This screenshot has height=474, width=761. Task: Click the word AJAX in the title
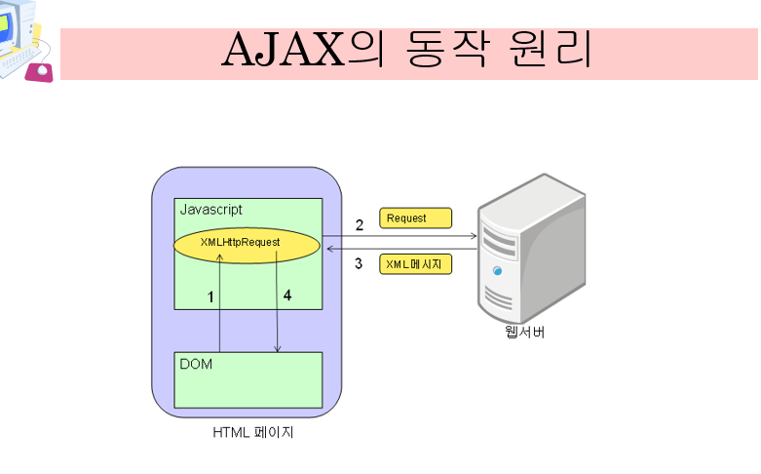(x=284, y=51)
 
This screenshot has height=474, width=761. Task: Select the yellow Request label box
(x=416, y=217)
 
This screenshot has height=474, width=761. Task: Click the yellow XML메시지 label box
(x=416, y=264)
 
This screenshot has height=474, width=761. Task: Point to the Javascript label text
(x=211, y=210)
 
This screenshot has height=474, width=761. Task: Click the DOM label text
(x=197, y=364)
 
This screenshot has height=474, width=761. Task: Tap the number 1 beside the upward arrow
(x=210, y=296)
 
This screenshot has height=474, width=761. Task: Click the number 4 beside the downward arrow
(x=286, y=296)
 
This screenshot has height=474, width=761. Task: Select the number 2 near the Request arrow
(x=359, y=225)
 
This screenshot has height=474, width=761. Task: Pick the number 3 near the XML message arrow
(x=359, y=263)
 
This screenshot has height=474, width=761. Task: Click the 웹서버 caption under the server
(x=524, y=333)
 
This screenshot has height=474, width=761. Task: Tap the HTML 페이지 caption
(x=253, y=432)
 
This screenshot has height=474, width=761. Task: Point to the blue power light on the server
(x=498, y=270)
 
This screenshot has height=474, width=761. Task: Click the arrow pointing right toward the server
(x=409, y=236)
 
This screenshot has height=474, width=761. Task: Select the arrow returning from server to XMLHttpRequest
(x=409, y=250)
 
